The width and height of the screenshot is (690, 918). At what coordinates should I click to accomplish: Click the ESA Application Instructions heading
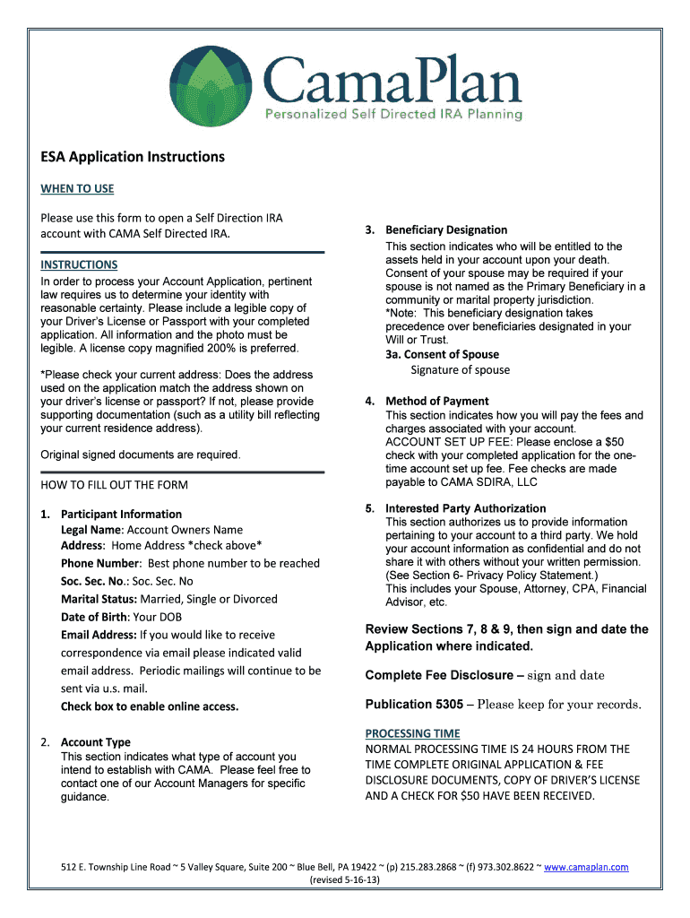click(133, 157)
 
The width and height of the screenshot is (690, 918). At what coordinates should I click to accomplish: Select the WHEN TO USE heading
click(77, 189)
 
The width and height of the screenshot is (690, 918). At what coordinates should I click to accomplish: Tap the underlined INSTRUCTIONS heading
click(79, 264)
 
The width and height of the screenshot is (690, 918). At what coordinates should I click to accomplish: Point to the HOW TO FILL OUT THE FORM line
click(115, 485)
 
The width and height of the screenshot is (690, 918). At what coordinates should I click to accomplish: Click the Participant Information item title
click(121, 514)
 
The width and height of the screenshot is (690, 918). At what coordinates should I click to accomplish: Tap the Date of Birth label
click(94, 617)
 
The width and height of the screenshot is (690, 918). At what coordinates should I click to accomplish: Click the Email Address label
click(99, 635)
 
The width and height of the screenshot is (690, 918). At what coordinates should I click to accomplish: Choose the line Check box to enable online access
click(150, 706)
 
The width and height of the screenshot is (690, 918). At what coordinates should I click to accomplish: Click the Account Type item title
click(95, 742)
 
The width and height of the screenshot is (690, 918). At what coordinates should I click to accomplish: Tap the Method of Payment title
click(436, 401)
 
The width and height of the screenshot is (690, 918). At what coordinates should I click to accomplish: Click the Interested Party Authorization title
click(465, 508)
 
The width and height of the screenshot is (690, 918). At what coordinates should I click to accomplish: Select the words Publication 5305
click(413, 704)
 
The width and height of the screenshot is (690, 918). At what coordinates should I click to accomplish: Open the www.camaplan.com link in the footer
click(586, 867)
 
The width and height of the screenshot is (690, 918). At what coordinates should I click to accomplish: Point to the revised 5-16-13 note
click(345, 880)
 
